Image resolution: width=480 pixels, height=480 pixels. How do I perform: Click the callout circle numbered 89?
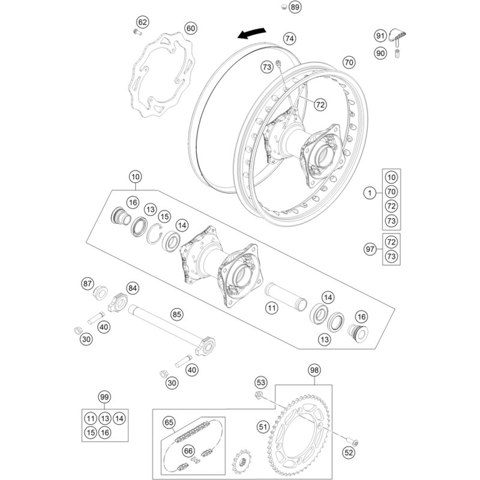click(294, 8)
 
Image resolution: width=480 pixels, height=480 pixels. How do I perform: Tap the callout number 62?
click(142, 22)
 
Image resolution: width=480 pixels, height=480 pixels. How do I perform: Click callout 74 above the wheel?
click(290, 38)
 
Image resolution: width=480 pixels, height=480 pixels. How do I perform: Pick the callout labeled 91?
click(380, 36)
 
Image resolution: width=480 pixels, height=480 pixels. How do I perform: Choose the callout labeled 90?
click(380, 53)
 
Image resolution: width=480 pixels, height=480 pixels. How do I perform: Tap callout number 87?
click(88, 283)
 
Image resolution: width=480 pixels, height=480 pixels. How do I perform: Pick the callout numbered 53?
click(260, 382)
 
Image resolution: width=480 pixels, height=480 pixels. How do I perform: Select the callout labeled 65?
click(169, 422)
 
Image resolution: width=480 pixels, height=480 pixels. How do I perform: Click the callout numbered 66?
click(188, 451)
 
